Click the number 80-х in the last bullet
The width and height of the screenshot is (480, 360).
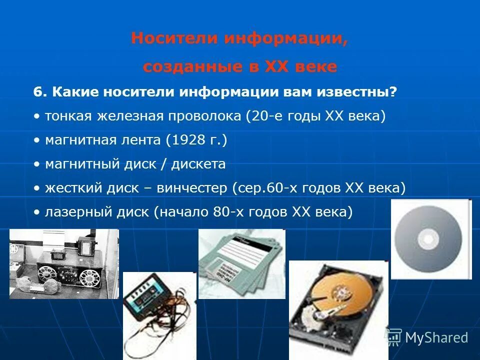[227, 212]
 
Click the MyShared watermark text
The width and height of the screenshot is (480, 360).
[436, 337]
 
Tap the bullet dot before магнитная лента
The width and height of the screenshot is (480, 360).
[36, 140]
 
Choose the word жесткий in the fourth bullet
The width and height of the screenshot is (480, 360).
[67, 188]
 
